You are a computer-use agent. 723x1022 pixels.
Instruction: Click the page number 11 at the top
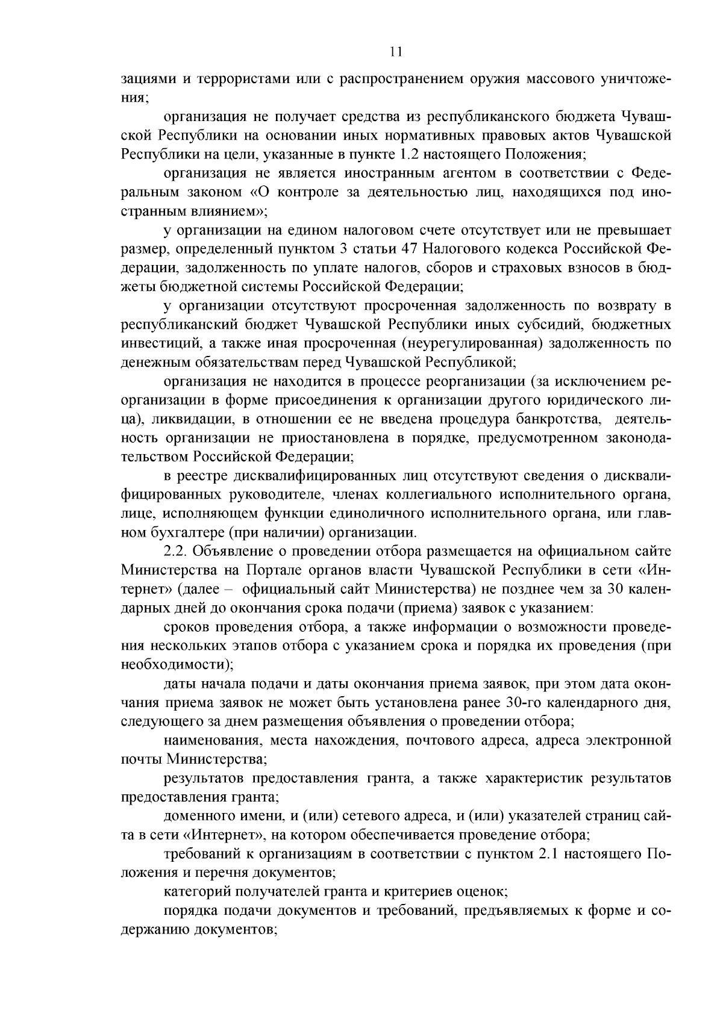[396, 52]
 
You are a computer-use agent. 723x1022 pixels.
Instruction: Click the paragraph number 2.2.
[175, 552]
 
